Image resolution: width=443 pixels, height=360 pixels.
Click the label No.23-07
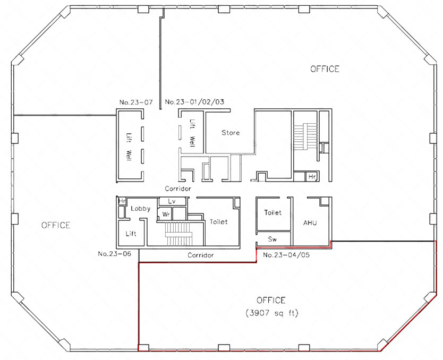pos(136,102)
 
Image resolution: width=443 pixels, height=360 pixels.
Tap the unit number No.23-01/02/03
pos(194,101)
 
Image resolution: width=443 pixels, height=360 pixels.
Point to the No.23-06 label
pos(115,254)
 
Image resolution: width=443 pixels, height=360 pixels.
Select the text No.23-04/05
pos(286,255)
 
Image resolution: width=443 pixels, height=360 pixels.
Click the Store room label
pos(231,133)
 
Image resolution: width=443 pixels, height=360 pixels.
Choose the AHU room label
pos(310,223)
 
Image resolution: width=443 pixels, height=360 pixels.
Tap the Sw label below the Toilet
pos(272,239)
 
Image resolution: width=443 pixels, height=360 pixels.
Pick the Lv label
pos(172,201)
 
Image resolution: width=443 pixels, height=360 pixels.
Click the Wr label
pos(166,215)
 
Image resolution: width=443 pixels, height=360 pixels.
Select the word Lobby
pos(140,209)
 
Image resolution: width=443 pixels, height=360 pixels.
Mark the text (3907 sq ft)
pos(272,313)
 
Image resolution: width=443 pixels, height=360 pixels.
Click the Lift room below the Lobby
pos(131,234)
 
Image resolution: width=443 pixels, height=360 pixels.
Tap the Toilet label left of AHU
pos(272,212)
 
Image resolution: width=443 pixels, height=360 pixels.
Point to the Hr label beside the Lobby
pos(122,201)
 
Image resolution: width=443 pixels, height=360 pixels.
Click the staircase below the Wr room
pos(179,234)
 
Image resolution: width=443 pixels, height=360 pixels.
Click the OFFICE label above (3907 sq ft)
pos(271,300)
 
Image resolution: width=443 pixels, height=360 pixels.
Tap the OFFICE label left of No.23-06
pos(56,225)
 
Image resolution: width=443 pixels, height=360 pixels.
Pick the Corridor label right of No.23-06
pos(201,255)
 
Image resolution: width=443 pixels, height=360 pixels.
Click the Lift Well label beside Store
pos(192,132)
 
